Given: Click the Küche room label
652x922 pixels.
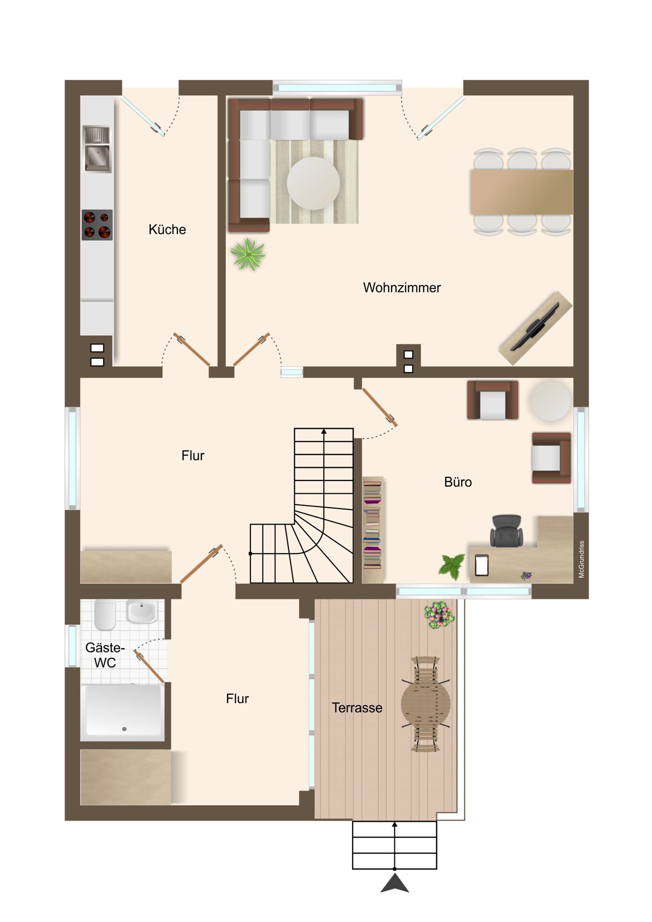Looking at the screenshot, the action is click(167, 230).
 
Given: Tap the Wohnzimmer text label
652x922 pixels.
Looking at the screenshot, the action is click(402, 288).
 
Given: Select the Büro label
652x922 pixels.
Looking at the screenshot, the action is click(458, 482).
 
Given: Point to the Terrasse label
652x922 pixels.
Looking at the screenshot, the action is click(357, 708).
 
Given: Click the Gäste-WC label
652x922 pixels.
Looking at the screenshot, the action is click(105, 655).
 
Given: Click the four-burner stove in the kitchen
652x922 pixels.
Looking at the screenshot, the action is click(97, 225).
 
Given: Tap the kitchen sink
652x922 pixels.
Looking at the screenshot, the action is click(97, 148).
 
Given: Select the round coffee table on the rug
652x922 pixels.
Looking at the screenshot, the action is click(313, 183).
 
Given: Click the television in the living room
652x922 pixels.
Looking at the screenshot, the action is click(535, 327).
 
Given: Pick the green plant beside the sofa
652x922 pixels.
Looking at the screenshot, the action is click(248, 255).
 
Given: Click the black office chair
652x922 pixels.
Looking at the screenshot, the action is click(506, 531).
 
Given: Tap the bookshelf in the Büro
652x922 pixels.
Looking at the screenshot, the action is click(372, 530).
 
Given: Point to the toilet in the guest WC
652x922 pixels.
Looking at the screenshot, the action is click(105, 615).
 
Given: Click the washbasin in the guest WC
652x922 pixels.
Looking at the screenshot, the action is click(142, 611).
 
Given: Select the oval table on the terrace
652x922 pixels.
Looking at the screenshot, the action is click(426, 704).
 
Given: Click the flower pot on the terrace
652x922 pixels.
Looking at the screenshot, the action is click(439, 615).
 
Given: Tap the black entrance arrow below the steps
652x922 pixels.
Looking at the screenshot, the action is click(394, 884).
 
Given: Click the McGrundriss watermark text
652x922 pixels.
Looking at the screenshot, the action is click(581, 559).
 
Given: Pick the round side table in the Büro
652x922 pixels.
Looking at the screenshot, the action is click(551, 401).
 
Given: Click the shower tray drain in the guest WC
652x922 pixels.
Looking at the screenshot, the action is click(124, 729).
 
